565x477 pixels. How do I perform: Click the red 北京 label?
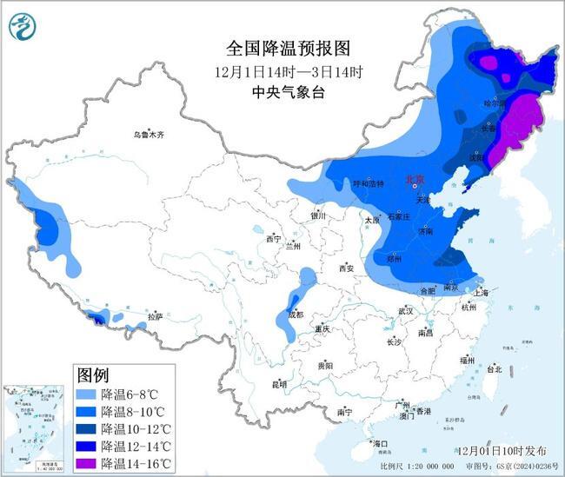point(414,180)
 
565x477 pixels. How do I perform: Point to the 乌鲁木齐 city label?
point(149,135)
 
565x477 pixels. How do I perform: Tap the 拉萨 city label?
point(155,317)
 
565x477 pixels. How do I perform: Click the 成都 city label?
point(296,315)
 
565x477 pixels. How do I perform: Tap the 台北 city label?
point(494,369)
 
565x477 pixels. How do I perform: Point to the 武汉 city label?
point(404,310)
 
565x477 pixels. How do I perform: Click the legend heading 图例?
point(93,376)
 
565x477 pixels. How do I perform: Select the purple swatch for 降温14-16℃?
point(86,462)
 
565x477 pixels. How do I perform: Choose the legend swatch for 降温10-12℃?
point(86,427)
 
